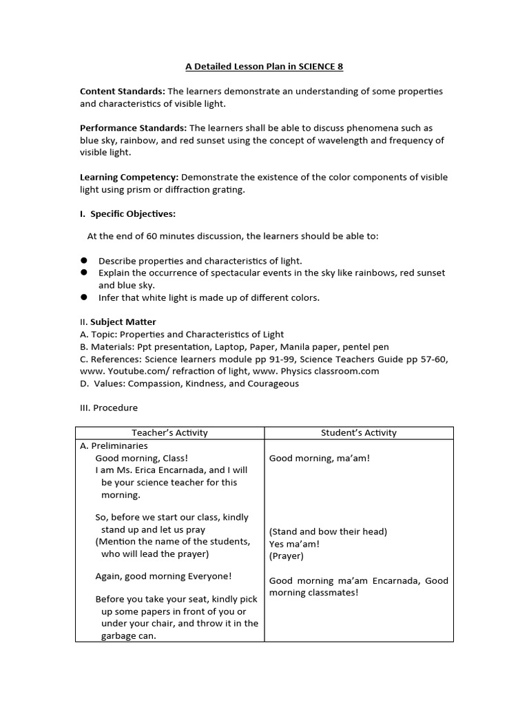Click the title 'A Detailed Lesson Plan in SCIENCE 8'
point(264,67)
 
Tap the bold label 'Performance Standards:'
point(133,128)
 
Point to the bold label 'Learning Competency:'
point(129,177)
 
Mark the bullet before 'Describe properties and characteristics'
point(84,260)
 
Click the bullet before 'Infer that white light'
point(84,297)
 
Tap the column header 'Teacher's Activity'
point(169,433)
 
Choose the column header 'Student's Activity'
point(359,433)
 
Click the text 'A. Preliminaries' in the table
point(114,445)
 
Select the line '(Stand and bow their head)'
point(328,532)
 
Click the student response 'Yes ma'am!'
point(294,544)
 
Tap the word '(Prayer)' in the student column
point(286,556)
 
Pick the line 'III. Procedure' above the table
point(109,408)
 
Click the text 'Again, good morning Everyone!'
point(163,576)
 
